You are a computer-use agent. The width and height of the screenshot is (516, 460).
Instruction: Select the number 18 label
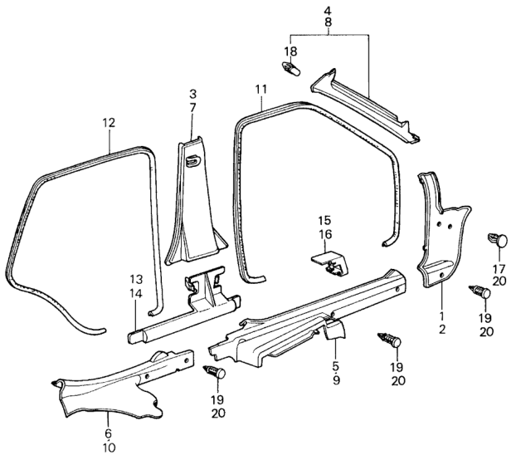tap(290, 51)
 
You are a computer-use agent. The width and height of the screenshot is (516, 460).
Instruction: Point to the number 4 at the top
tap(328, 11)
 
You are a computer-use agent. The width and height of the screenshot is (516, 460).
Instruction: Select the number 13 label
tap(136, 278)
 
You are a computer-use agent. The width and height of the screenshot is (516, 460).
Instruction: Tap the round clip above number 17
tap(498, 241)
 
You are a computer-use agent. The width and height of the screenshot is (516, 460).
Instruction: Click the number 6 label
tap(108, 433)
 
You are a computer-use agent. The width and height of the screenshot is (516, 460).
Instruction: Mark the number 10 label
tap(108, 448)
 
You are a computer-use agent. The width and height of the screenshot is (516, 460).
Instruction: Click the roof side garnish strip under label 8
tap(365, 105)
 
